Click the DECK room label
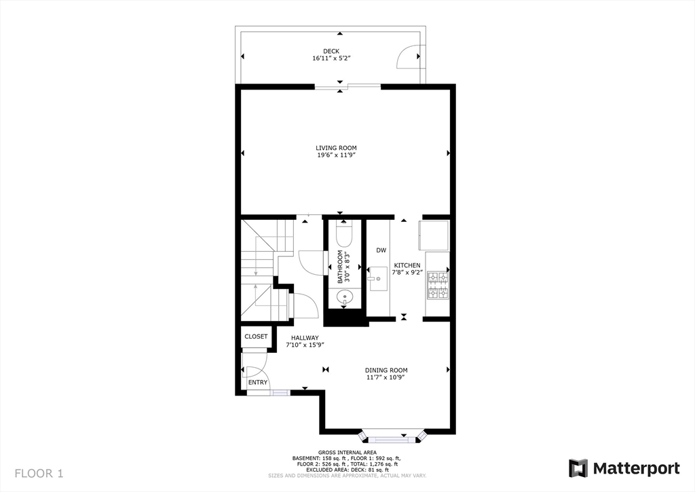[331, 51]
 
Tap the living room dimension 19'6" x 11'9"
[336, 155]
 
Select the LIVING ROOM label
[336, 148]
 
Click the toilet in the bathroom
[344, 235]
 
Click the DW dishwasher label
[381, 250]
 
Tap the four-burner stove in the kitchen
[437, 285]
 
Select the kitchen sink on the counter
[377, 278]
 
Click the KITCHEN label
[407, 265]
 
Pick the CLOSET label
[256, 337]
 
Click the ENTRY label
[257, 383]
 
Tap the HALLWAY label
[305, 337]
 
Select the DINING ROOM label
[386, 370]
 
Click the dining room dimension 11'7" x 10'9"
[386, 377]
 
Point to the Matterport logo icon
[578, 468]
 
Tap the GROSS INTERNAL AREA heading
[346, 453]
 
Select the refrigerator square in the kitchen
[434, 235]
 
